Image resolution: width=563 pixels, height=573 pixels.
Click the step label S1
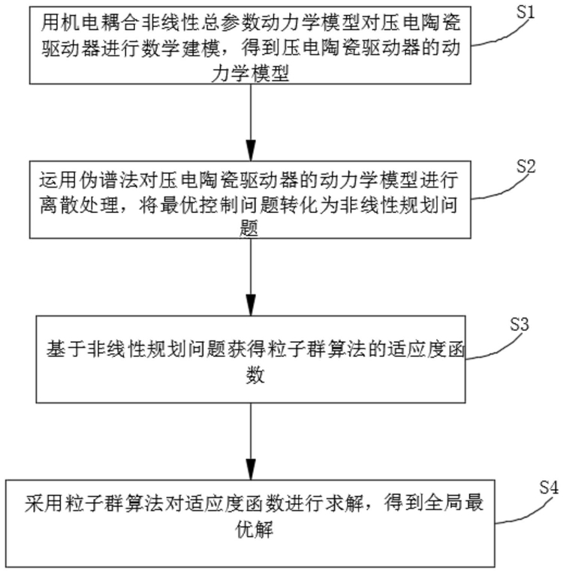(x=525, y=12)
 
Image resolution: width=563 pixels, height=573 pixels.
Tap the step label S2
(x=525, y=166)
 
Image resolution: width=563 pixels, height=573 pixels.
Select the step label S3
(x=519, y=324)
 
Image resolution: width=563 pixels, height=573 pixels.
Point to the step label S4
(x=549, y=487)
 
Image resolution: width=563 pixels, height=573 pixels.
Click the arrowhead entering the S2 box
(x=251, y=151)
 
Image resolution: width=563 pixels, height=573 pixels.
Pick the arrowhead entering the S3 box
(x=251, y=305)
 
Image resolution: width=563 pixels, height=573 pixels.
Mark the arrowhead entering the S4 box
(x=251, y=469)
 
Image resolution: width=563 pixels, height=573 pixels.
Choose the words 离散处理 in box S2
(x=80, y=205)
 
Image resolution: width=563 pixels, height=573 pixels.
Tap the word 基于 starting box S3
(x=66, y=350)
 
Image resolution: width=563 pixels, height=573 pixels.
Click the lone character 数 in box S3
(x=255, y=375)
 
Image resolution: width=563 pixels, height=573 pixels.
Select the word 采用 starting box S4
(x=44, y=503)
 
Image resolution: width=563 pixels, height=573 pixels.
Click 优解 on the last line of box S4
(x=254, y=529)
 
